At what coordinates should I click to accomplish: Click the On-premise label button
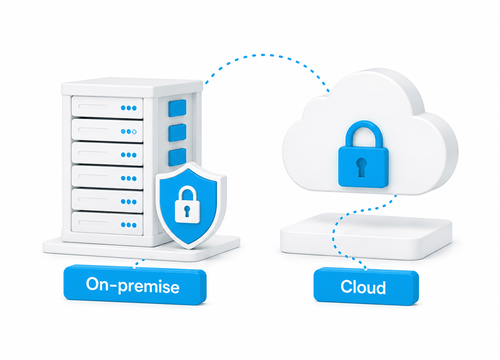click(x=135, y=285)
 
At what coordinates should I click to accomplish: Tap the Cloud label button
click(x=366, y=287)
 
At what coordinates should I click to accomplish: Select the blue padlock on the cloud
click(x=363, y=154)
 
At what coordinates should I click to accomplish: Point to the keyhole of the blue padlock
click(x=362, y=167)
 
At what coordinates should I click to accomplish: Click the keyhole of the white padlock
click(x=187, y=211)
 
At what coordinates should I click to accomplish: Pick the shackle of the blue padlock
click(x=364, y=134)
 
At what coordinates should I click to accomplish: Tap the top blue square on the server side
click(x=177, y=108)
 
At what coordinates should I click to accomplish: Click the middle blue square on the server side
click(x=177, y=133)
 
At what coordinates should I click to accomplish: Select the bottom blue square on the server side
click(x=177, y=157)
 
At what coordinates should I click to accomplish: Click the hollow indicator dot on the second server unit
click(x=134, y=132)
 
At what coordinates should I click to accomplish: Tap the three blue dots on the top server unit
click(x=129, y=108)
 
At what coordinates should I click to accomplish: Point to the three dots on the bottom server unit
click(x=129, y=225)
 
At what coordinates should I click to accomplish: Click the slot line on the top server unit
click(x=93, y=107)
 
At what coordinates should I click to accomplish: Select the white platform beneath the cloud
click(x=366, y=237)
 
